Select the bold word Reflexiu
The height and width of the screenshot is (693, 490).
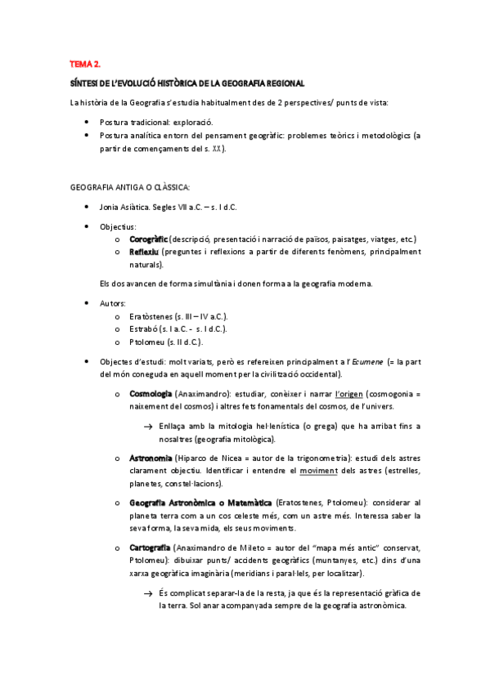[144, 252]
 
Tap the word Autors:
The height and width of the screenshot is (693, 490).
[114, 303]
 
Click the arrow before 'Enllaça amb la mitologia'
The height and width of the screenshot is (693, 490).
[148, 427]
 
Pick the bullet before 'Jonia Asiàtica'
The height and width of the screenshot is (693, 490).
[88, 207]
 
